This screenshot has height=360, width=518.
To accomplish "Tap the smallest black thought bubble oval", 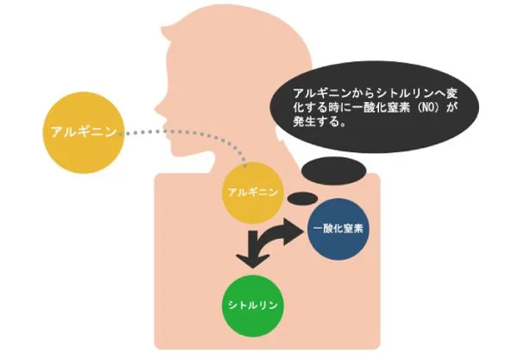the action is tap(301, 199).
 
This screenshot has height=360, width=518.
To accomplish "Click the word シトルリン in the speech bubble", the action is tap(394, 92).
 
